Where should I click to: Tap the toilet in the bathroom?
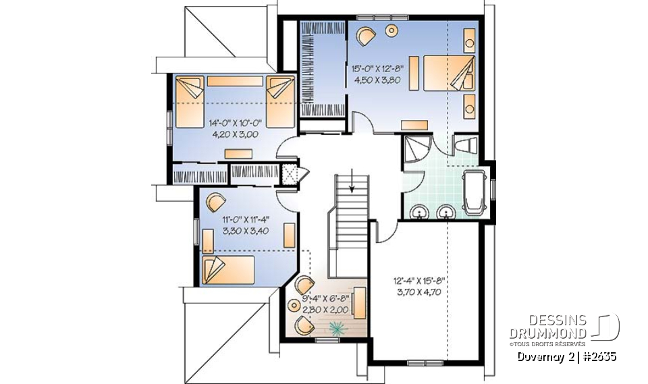(x=466, y=144)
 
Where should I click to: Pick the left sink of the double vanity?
(x=421, y=213)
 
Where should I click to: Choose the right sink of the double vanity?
(x=446, y=213)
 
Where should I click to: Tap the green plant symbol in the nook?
(x=335, y=328)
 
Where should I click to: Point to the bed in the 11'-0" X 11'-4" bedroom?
(x=227, y=269)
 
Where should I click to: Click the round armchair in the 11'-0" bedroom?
(x=215, y=202)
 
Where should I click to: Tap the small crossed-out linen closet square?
(x=290, y=173)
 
